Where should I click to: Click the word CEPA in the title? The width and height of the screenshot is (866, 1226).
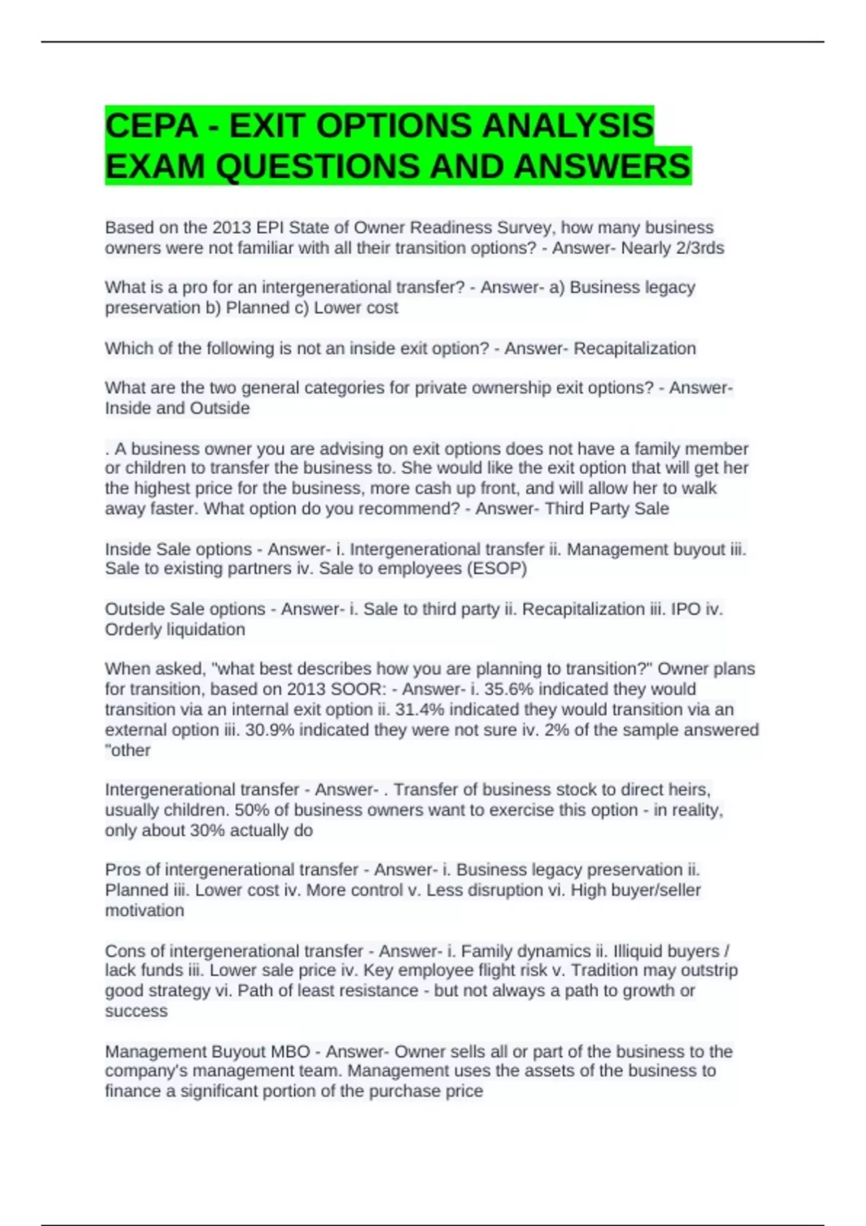[151, 126]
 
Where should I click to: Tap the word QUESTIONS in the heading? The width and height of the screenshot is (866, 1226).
[318, 167]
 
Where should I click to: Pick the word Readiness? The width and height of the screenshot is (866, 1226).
[447, 228]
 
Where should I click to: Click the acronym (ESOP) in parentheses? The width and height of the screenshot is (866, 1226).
[498, 568]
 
